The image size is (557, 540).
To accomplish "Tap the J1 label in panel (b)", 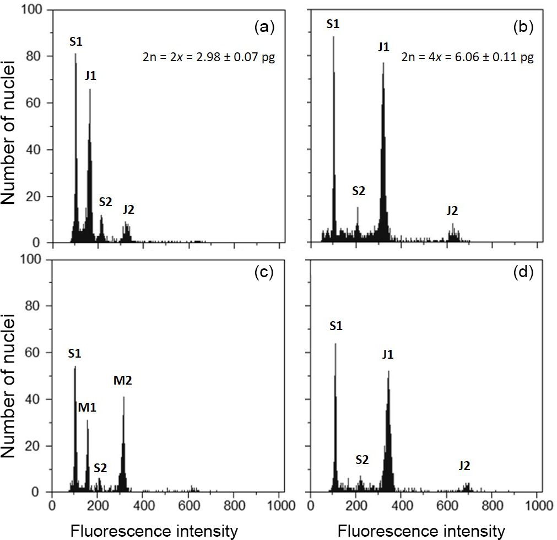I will [383, 47].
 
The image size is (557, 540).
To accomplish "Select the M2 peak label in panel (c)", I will [123, 380].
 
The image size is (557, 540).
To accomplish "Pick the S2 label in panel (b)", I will [358, 191].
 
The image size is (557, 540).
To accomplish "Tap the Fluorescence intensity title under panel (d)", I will [421, 531].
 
